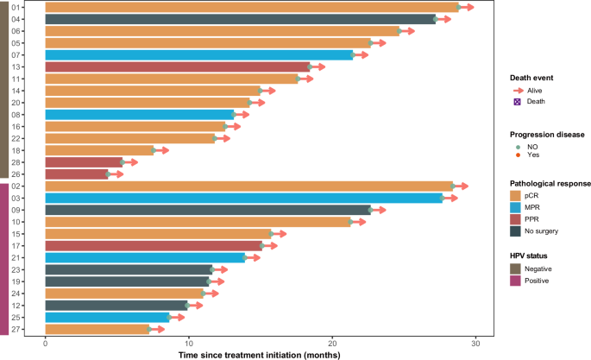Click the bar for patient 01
[250, 7]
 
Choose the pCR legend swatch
[518, 195]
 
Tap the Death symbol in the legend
[518, 101]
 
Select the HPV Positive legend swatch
[518, 281]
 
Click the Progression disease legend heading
[547, 135]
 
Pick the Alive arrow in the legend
[518, 90]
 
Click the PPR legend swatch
[518, 219]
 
